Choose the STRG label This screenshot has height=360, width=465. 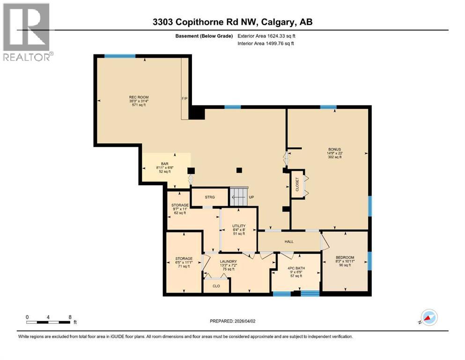click(x=210, y=197)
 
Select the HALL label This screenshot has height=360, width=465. click(x=289, y=241)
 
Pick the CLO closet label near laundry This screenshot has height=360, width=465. click(x=216, y=285)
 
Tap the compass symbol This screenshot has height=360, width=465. click(x=428, y=317)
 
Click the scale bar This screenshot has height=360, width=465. click(x=49, y=322)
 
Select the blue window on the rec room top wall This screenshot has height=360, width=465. click(x=120, y=56)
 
